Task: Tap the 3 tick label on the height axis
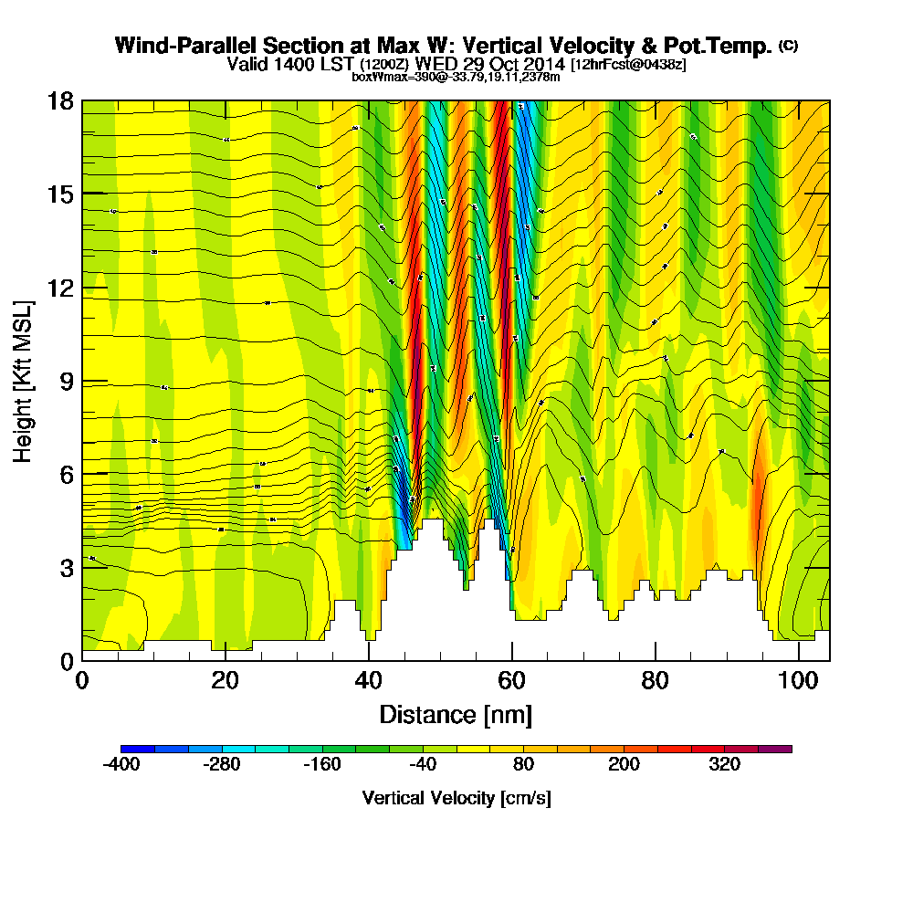[x=67, y=568]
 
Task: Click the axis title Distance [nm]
[x=456, y=714]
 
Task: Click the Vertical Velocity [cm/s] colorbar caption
[x=456, y=798]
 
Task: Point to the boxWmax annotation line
[x=456, y=77]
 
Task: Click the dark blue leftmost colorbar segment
[x=138, y=749]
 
